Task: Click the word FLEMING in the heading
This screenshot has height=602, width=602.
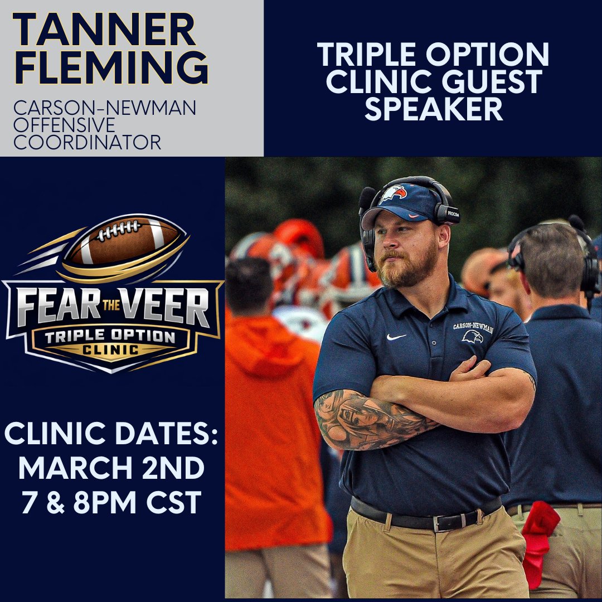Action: pyautogui.click(x=111, y=69)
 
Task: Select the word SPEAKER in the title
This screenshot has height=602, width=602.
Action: pyautogui.click(x=434, y=109)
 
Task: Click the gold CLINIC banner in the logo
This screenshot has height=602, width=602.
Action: pyautogui.click(x=112, y=350)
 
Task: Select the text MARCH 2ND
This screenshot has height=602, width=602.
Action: pyautogui.click(x=111, y=469)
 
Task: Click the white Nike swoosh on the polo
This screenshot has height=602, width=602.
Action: pyautogui.click(x=396, y=337)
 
